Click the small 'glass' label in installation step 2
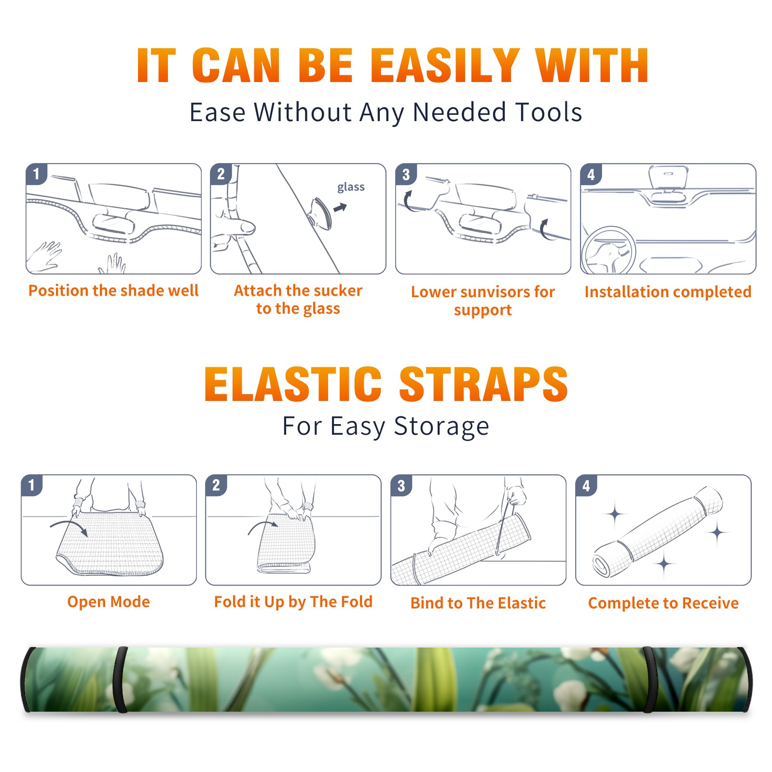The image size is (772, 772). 351,187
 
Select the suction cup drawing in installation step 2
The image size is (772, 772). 320,213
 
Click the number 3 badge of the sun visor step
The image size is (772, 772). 406,174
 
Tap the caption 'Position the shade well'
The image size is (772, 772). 113,290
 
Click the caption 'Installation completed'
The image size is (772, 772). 668,292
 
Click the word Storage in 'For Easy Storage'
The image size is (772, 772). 441,427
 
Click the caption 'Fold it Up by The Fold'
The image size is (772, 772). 293,602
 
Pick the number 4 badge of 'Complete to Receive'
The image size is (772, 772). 586,485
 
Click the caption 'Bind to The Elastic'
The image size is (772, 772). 478,603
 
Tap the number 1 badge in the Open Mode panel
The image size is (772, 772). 32,485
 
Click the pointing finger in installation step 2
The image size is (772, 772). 234,227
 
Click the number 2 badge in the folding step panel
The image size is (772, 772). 216,485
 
